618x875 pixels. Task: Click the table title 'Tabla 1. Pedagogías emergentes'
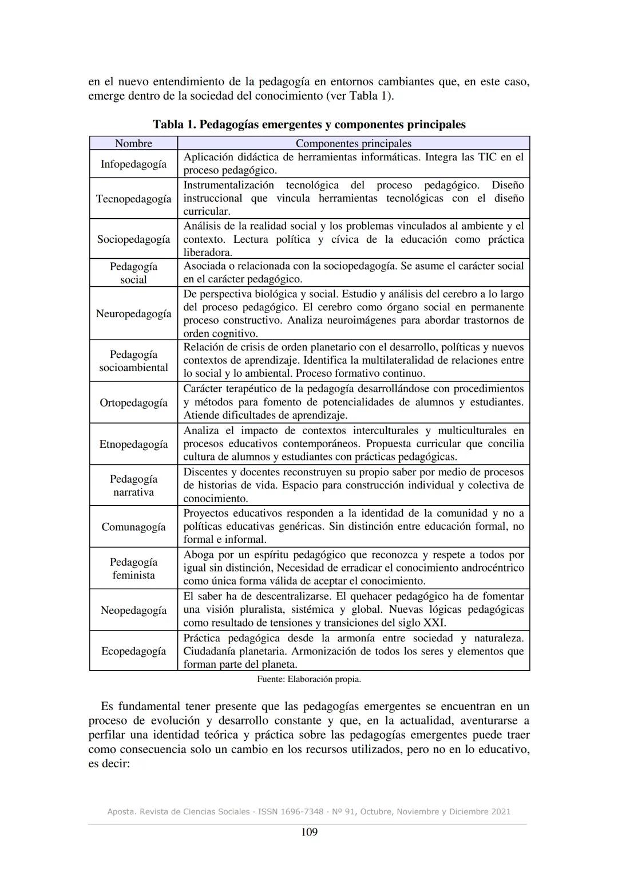[x=309, y=124]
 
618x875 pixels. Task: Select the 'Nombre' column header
[x=133, y=143]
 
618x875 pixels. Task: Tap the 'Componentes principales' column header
[x=353, y=143]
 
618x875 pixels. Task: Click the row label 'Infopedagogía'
[x=133, y=164]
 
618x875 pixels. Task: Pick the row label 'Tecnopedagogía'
[x=133, y=199]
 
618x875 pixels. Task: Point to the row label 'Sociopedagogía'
[x=133, y=239]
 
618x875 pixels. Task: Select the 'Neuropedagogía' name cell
[x=133, y=314]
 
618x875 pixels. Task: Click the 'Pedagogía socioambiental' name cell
[x=133, y=361]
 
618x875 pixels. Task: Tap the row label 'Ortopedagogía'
[x=133, y=403]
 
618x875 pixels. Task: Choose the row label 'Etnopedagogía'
[x=133, y=444]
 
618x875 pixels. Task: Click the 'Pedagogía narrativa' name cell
[x=133, y=485]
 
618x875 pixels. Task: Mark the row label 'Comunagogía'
[x=133, y=527]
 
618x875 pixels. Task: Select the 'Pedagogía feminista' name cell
[x=133, y=568]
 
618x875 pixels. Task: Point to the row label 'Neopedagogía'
[x=133, y=610]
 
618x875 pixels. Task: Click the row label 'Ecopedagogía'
[x=133, y=651]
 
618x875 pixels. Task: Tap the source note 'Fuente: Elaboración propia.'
[x=309, y=679]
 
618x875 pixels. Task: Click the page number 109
[x=309, y=832]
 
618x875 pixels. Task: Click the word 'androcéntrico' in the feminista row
[x=490, y=568]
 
